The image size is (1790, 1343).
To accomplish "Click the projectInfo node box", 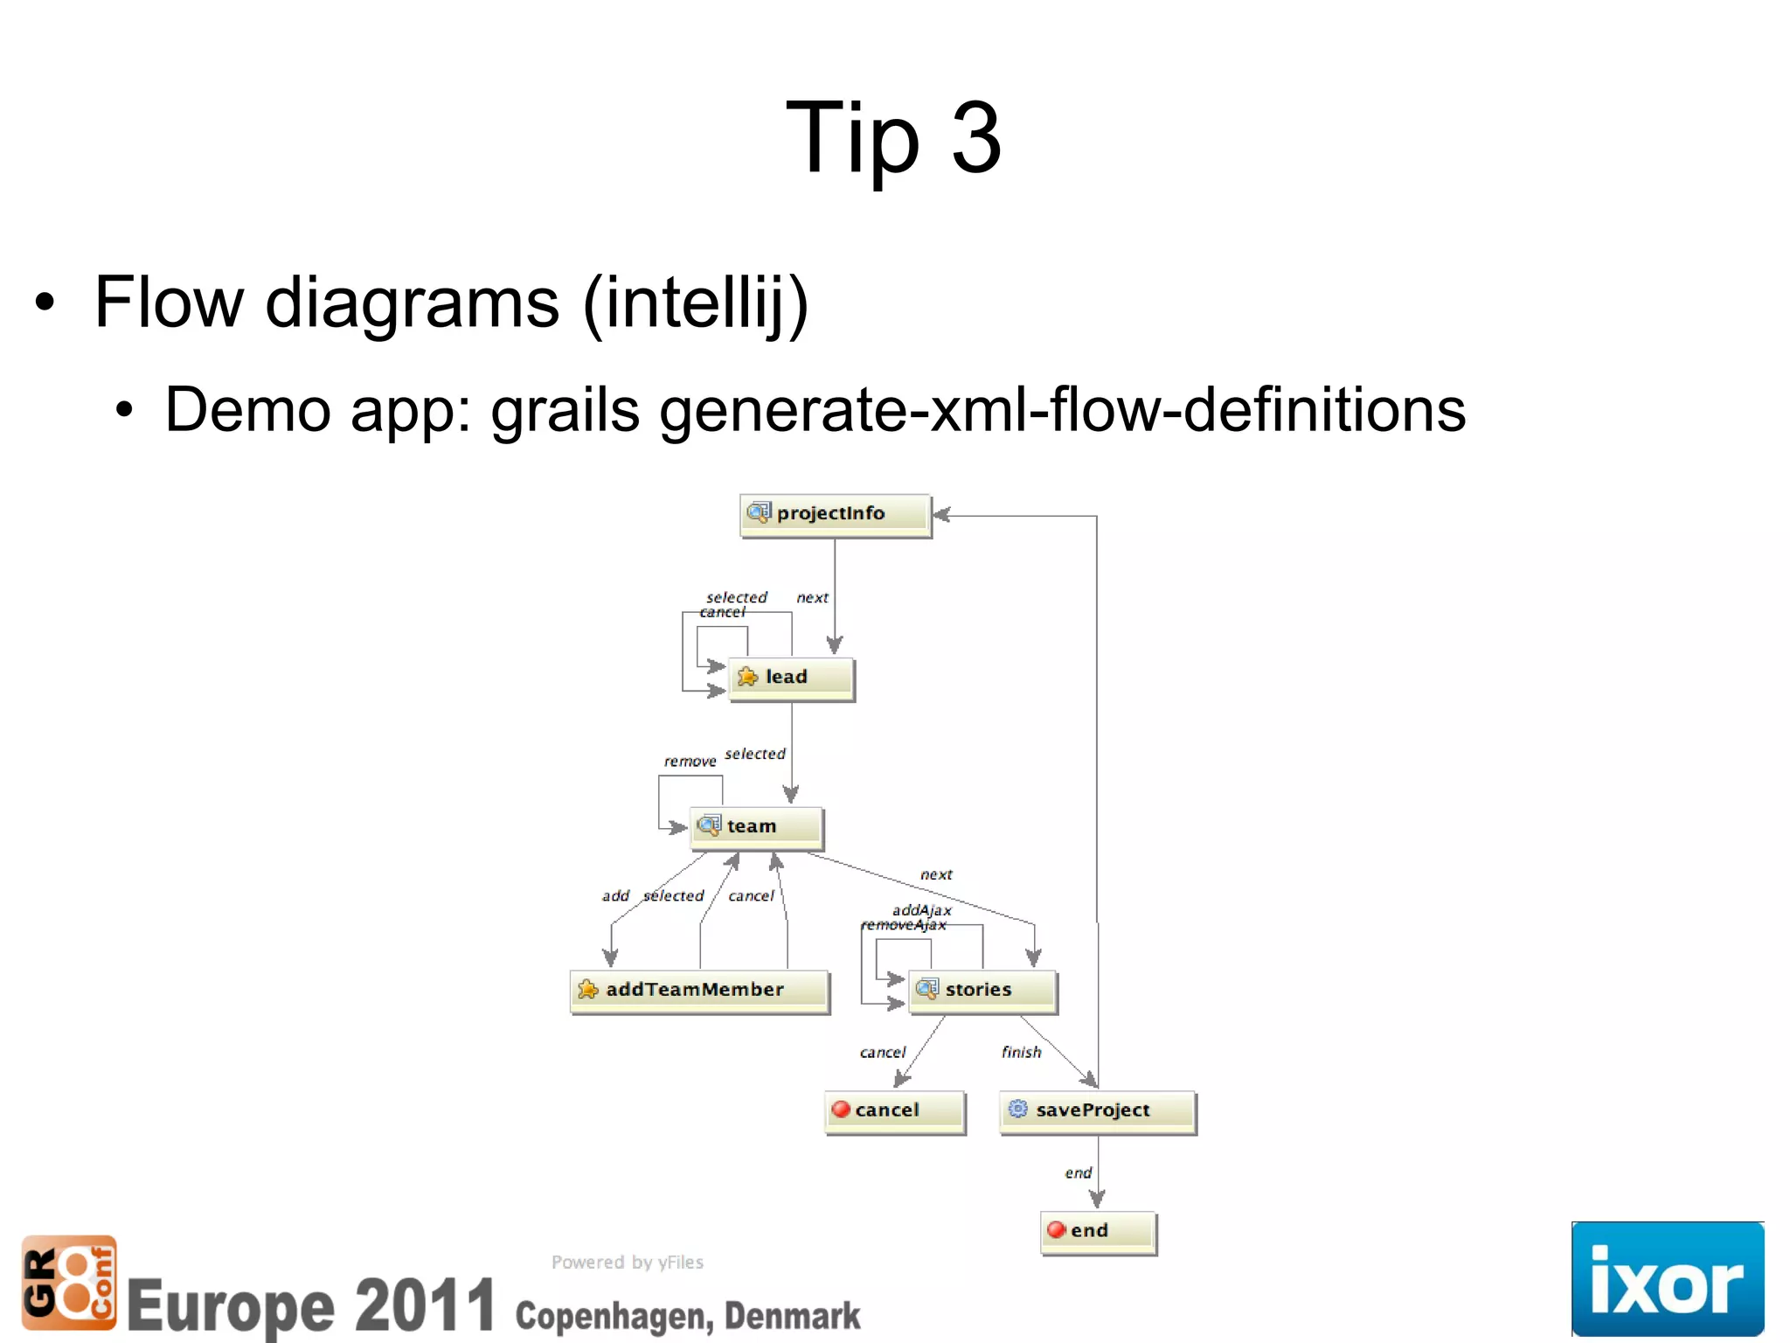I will pos(835,514).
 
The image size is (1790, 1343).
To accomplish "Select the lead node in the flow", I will pos(790,678).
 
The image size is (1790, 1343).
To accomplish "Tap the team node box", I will pos(756,827).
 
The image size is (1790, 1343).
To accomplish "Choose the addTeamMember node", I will pos(699,991).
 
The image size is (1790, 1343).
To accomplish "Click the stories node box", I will pos(982,991).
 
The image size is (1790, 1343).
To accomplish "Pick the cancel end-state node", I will pos(894,1111).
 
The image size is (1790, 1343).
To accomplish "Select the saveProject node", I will pos(1097,1111).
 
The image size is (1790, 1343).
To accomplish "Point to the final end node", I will pos(1098,1232).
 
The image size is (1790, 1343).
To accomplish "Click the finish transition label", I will pos(1022,1053).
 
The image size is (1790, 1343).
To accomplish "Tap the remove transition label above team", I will pos(690,762).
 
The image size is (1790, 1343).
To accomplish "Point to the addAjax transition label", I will pos(921,910).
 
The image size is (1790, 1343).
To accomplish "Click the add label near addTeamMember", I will pos(615,896).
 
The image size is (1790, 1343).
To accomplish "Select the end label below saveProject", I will pos(1079,1173).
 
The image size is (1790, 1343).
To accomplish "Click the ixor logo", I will pos(1667,1278).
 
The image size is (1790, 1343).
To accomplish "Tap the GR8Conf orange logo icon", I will pos(69,1282).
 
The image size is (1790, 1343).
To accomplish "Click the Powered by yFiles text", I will pos(627,1263).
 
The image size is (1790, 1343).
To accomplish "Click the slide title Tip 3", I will pos(893,138).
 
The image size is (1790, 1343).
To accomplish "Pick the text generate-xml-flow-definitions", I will pos(1062,410).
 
